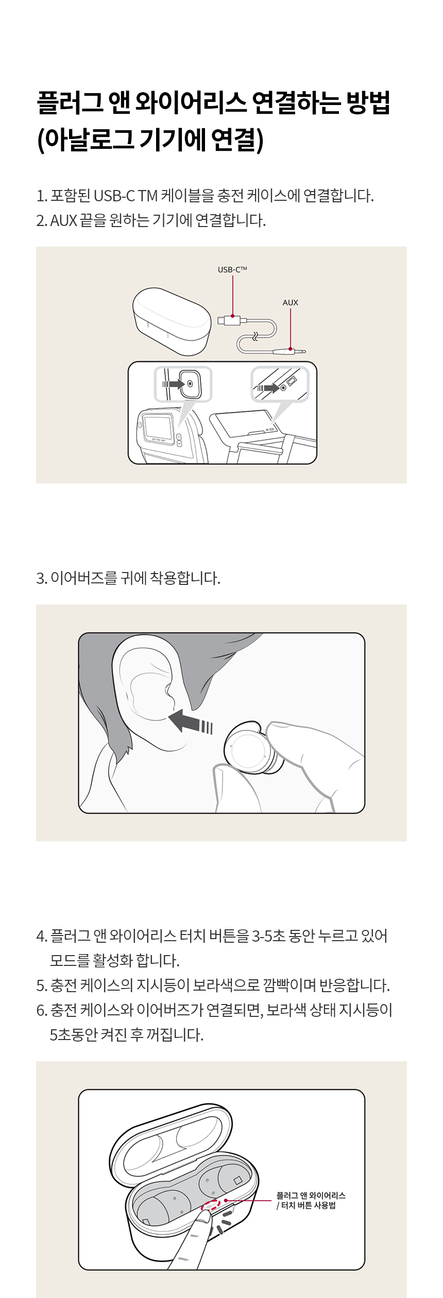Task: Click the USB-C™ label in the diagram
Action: [232, 269]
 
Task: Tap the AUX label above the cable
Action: [291, 303]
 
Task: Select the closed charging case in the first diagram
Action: [172, 321]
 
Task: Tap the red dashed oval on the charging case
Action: [211, 1205]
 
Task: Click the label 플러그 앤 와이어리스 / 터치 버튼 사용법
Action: [311, 1200]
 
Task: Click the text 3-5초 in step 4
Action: [268, 936]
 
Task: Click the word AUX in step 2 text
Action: [63, 221]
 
